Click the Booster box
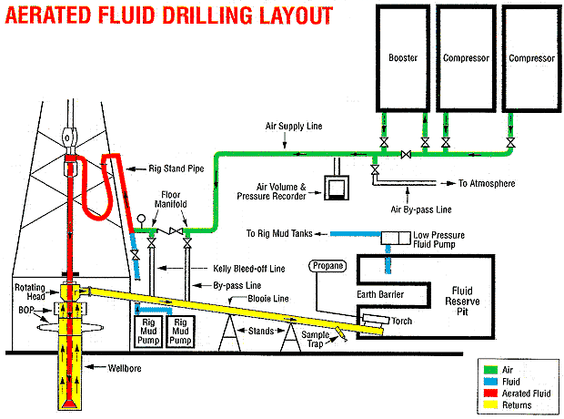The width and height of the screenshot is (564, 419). (x=403, y=57)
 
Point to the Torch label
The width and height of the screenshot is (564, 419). (x=402, y=322)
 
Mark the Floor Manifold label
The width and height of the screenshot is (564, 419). (x=174, y=199)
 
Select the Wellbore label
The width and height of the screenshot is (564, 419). (x=114, y=368)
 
